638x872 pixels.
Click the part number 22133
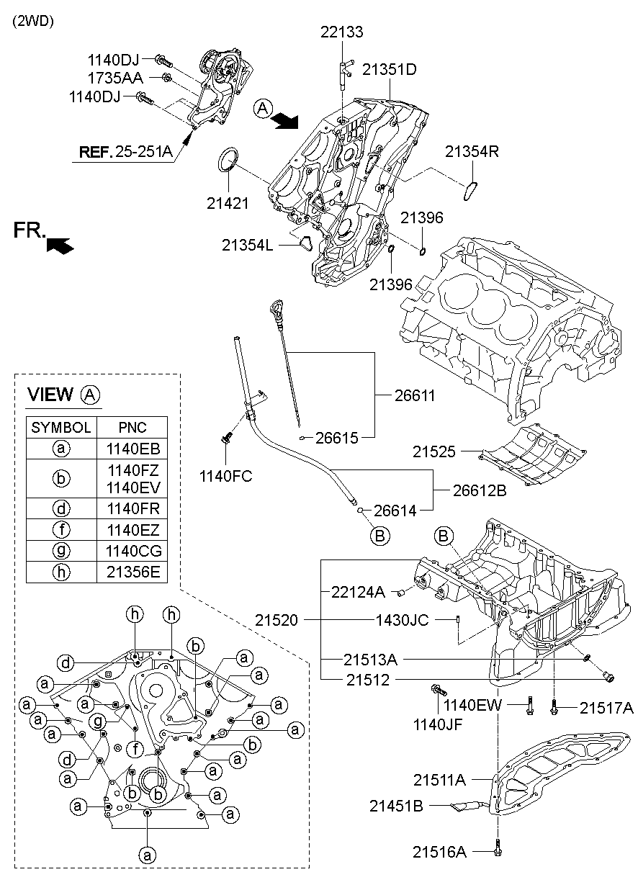[x=342, y=32]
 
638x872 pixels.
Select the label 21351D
[x=390, y=70]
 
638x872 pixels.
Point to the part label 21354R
[x=472, y=151]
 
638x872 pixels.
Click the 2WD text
[x=32, y=21]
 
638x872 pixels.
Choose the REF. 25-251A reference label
[x=125, y=151]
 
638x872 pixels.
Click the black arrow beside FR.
[x=60, y=246]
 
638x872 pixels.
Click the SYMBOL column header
[x=61, y=427]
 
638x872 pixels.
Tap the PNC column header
[x=132, y=427]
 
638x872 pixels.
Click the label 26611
[x=415, y=395]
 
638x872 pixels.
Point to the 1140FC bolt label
[x=226, y=475]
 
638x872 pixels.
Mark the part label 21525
[x=434, y=452]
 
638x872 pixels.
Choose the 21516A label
[x=440, y=852]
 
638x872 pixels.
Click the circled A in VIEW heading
[x=90, y=394]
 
